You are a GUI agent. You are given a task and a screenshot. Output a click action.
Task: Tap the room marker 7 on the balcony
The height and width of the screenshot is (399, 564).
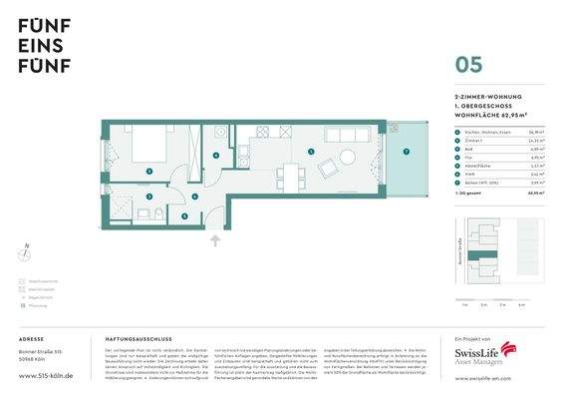[x=407, y=151]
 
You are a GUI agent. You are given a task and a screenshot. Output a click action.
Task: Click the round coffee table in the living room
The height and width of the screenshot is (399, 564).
[x=348, y=157]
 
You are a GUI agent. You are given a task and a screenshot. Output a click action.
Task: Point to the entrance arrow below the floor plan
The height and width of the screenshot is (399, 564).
[x=216, y=240]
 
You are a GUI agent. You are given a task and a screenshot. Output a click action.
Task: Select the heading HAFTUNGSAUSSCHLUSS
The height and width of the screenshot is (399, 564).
[x=136, y=339]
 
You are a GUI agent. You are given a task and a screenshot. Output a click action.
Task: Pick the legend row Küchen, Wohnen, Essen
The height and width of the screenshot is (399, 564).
[x=478, y=132]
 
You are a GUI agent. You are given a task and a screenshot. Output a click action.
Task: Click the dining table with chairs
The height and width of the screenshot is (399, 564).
[x=291, y=175]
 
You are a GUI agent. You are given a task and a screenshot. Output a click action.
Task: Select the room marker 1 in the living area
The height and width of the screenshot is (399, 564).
[x=311, y=152]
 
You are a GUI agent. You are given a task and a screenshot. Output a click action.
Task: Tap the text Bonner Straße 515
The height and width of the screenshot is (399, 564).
[x=40, y=353]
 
